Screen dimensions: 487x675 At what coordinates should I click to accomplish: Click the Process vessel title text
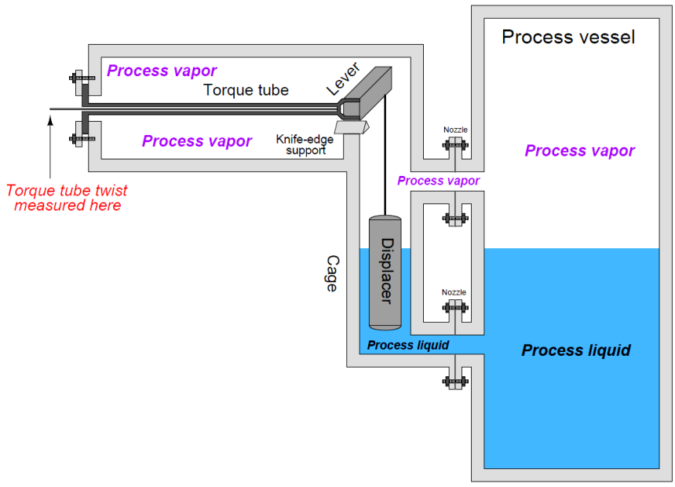[x=568, y=36]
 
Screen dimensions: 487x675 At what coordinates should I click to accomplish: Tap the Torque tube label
[x=246, y=90]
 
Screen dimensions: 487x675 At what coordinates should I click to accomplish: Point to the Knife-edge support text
[x=300, y=145]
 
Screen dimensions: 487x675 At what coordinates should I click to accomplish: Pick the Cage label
[x=330, y=273]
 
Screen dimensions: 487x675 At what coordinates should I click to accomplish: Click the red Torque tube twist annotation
[x=67, y=198]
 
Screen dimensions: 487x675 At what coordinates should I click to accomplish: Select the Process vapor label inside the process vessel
[x=579, y=151]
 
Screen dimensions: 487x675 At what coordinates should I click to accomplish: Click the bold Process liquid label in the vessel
[x=575, y=350]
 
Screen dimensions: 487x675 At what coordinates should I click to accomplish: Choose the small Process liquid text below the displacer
[x=407, y=346]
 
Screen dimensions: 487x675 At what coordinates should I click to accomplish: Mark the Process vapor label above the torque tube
[x=162, y=71]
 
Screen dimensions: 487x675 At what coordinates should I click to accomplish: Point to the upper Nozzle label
[x=454, y=130]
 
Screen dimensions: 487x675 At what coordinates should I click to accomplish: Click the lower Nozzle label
[x=454, y=292]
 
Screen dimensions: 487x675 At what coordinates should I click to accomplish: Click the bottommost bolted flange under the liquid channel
[x=454, y=382]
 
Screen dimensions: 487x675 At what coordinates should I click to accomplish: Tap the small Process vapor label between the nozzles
[x=438, y=181]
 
